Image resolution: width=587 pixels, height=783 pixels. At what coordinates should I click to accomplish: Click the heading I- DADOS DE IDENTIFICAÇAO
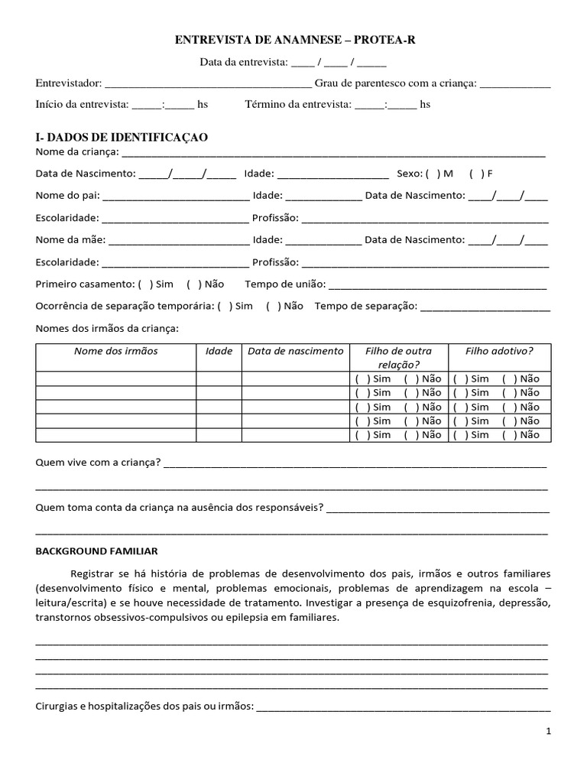(122, 137)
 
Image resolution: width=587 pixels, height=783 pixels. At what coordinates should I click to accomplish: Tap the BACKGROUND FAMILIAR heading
(96, 551)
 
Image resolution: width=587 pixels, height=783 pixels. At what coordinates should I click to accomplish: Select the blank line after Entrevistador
(207, 83)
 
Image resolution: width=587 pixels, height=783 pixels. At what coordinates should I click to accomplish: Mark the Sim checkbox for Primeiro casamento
(143, 284)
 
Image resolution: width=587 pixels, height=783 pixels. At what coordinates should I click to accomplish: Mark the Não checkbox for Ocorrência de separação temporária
(271, 306)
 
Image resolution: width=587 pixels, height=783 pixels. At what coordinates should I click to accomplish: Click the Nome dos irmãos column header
(115, 351)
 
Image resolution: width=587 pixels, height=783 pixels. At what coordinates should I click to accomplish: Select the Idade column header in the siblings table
(219, 351)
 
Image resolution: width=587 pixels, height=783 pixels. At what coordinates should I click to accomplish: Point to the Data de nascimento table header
(296, 351)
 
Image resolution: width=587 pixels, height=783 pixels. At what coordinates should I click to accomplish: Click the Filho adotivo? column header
(499, 351)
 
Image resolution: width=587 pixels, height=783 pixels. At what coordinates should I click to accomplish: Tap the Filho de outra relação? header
(398, 358)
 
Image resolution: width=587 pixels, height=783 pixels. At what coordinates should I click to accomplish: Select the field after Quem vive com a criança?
(355, 463)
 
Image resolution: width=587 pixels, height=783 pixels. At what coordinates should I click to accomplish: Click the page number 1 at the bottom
(548, 732)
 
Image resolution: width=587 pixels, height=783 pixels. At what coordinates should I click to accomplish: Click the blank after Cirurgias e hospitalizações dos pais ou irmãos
(403, 707)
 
